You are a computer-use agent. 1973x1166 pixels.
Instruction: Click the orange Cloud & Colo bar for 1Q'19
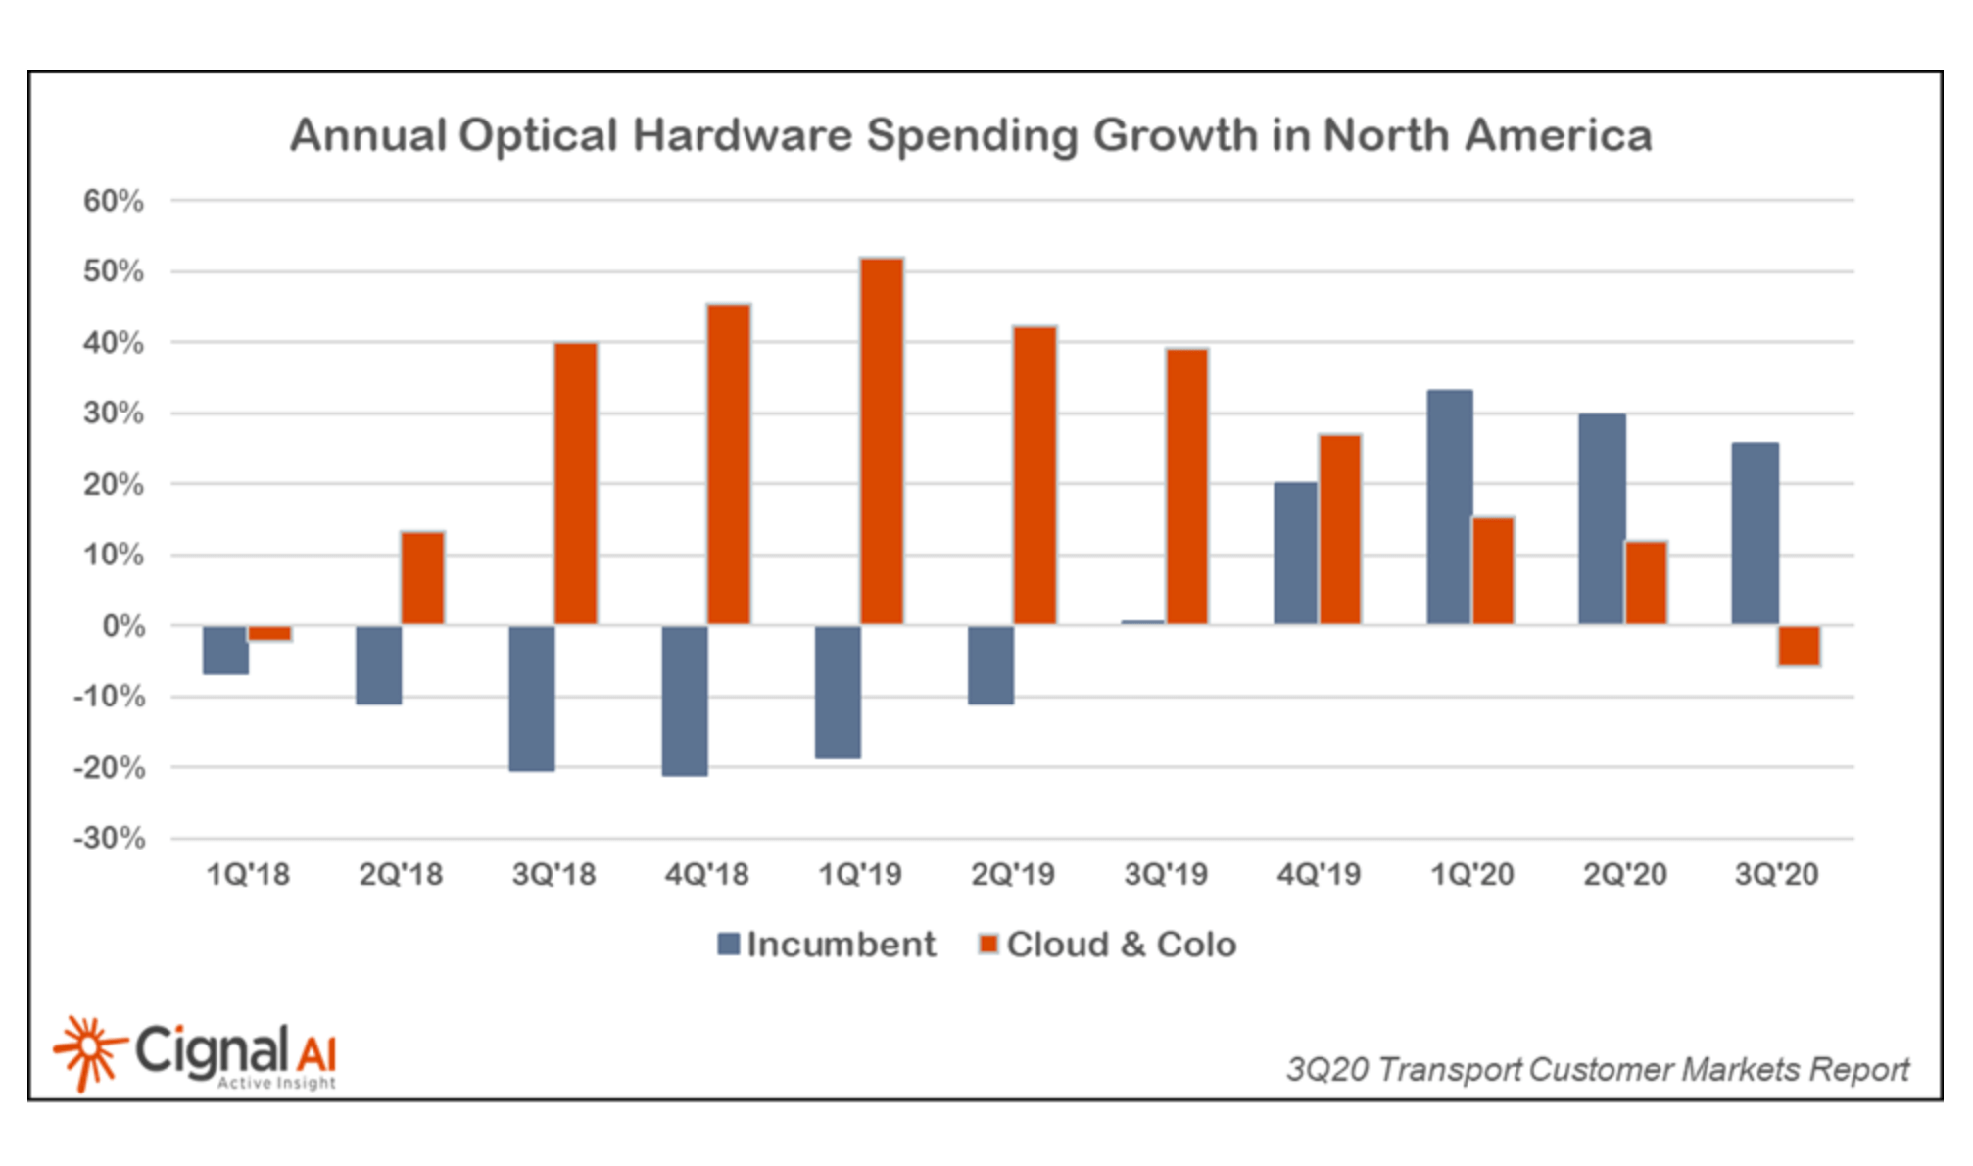(x=881, y=441)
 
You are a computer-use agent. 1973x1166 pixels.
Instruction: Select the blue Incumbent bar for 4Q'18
(x=684, y=701)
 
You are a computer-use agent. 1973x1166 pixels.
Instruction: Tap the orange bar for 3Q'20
(x=1799, y=646)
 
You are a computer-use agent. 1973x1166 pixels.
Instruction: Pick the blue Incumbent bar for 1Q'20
(x=1449, y=507)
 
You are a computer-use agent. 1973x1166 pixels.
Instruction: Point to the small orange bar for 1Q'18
(x=269, y=633)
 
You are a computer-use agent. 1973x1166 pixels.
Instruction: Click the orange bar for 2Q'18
(x=422, y=578)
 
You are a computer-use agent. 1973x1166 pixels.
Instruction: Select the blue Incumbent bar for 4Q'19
(x=1295, y=554)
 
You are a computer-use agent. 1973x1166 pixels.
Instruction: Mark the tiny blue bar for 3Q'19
(x=1142, y=622)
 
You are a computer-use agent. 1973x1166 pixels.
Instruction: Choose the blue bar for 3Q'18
(x=531, y=698)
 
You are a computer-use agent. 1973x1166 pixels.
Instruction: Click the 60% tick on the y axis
(x=114, y=201)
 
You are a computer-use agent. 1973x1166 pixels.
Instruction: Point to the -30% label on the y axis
(x=109, y=839)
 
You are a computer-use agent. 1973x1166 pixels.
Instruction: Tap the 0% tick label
(x=123, y=626)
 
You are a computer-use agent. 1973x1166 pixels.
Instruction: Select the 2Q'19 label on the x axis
(x=1012, y=874)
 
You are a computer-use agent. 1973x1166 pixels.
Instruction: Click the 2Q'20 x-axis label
(x=1624, y=874)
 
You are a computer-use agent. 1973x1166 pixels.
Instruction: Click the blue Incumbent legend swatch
(x=728, y=945)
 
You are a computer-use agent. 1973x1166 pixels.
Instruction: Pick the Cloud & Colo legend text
(x=1121, y=945)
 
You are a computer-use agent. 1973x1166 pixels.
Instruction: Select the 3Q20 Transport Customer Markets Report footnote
(x=1597, y=1069)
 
